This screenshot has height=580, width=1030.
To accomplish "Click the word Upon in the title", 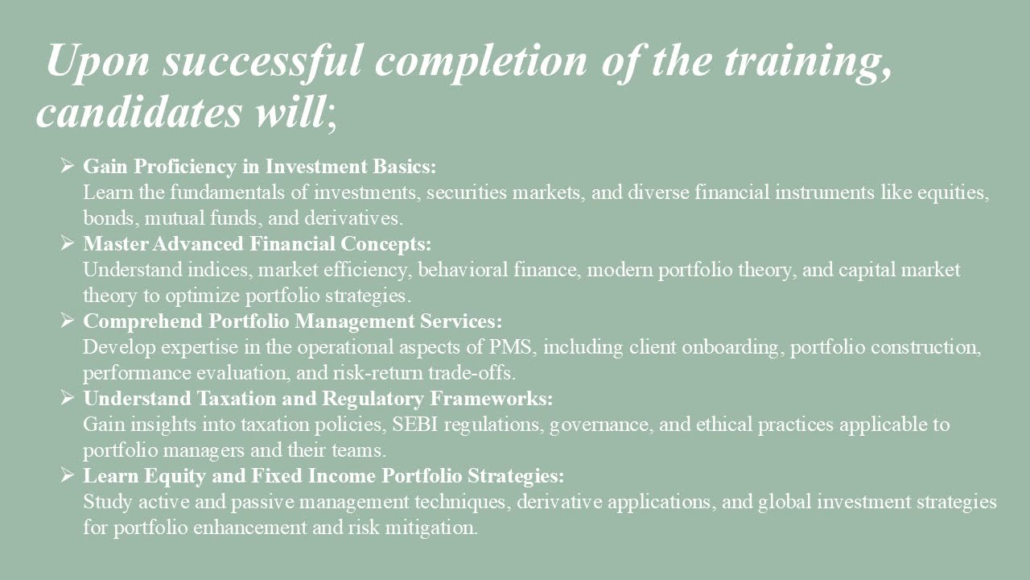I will (97, 60).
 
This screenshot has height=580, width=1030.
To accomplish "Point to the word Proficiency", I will (185, 167).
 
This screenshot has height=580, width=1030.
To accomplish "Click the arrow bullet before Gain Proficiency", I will (68, 166).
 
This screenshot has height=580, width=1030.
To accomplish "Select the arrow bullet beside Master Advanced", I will (68, 243).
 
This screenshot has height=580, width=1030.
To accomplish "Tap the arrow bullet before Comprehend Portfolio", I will (68, 321).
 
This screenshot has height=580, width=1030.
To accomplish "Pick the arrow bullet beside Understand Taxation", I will (68, 398).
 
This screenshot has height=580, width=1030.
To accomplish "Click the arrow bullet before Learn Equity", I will (68, 475).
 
